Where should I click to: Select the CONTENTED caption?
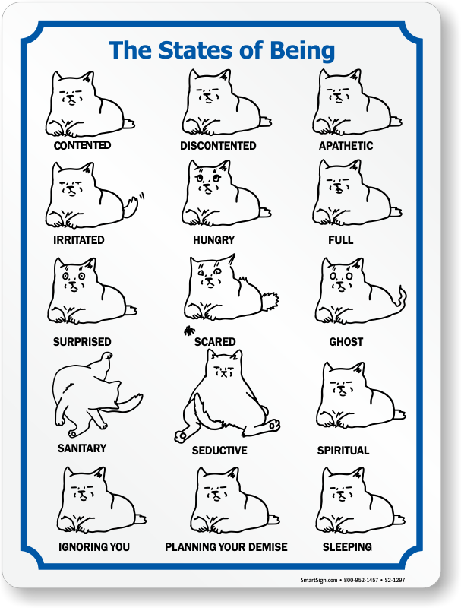click(x=82, y=145)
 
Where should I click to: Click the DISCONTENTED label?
click(x=218, y=146)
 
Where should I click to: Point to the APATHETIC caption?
click(x=346, y=146)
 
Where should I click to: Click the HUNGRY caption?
click(x=214, y=240)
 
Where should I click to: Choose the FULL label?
click(x=341, y=240)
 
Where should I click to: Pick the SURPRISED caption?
click(x=82, y=341)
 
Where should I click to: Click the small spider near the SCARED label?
click(x=189, y=331)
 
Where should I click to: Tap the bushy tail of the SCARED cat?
click(x=270, y=300)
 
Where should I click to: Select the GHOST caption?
click(x=346, y=341)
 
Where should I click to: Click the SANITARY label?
click(x=82, y=448)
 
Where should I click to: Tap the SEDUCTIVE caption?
click(x=219, y=451)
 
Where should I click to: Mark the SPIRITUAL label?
click(x=343, y=451)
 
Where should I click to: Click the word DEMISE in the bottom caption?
click(x=267, y=547)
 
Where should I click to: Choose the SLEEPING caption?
click(x=347, y=547)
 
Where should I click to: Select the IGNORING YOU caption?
click(x=94, y=547)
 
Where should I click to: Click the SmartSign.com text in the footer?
click(x=318, y=580)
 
